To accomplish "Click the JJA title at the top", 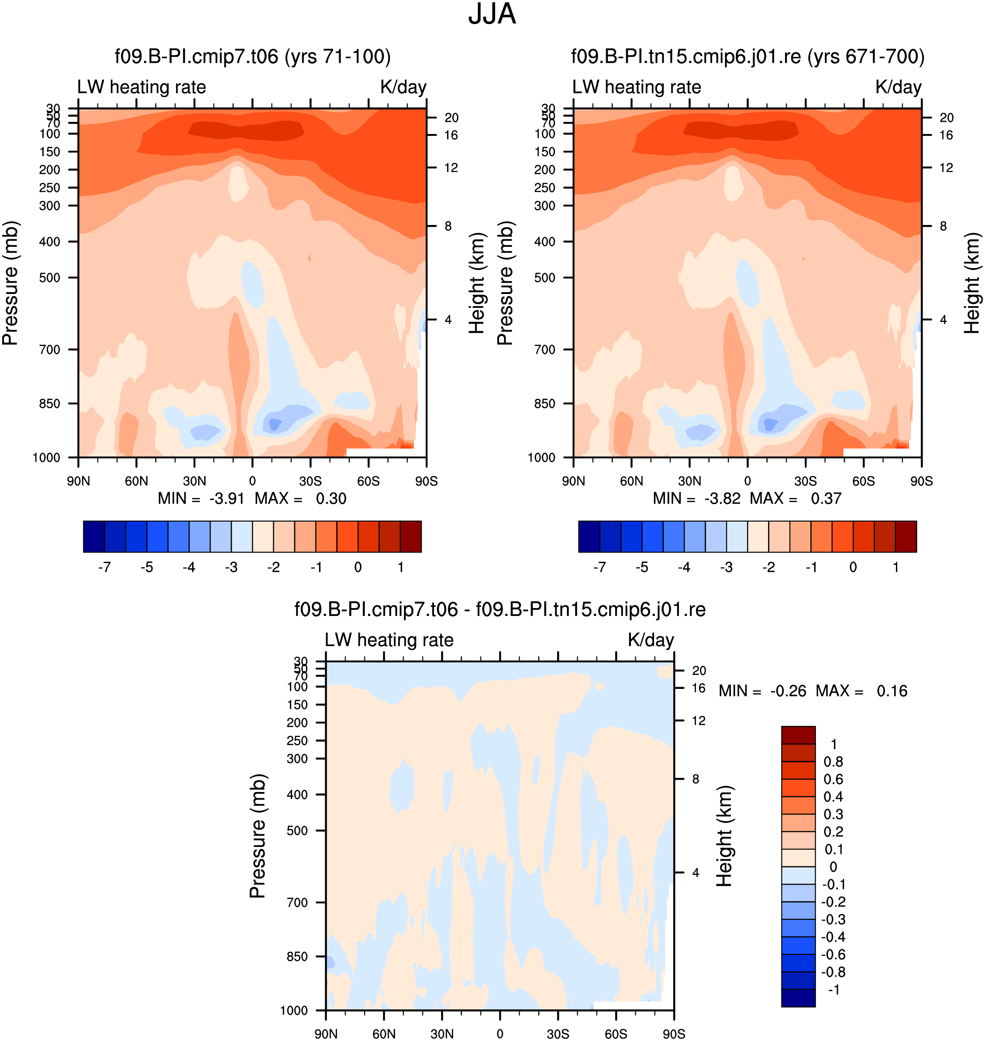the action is coord(492,14).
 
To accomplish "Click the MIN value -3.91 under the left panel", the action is coord(227,498).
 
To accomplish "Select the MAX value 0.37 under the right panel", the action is coord(826,498).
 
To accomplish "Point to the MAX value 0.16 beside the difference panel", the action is coord(892,691).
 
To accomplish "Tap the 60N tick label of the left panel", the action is coord(137,481).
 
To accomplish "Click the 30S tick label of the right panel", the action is coord(806,481).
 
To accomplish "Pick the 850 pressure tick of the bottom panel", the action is coord(297,956).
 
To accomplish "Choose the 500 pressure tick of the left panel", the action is coord(49,277).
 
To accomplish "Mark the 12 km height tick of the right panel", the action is coord(946,168).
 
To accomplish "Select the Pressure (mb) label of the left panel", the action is coord(10,283).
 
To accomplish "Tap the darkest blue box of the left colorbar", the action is coord(94,536).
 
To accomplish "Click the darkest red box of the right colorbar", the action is coord(906,536).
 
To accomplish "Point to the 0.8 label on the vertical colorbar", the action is coord(833,761).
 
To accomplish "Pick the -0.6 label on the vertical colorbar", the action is coord(833,955).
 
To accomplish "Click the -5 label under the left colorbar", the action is coord(147,567).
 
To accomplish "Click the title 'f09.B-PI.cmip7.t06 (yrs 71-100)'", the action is coord(252,56).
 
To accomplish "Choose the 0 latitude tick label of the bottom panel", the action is coord(500,1034).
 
